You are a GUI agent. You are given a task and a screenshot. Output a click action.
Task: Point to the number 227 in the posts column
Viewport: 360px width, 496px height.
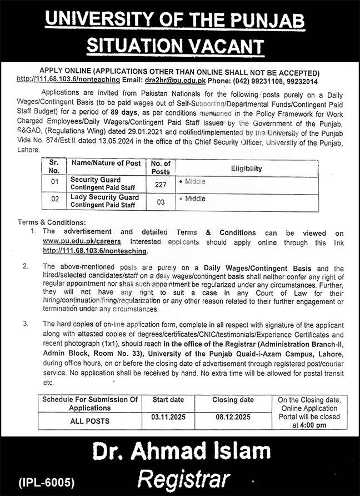point(161,184)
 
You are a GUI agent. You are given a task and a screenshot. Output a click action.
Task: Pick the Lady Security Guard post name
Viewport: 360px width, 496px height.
point(104,197)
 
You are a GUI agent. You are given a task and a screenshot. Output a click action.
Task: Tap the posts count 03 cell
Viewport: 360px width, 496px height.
point(161,202)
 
